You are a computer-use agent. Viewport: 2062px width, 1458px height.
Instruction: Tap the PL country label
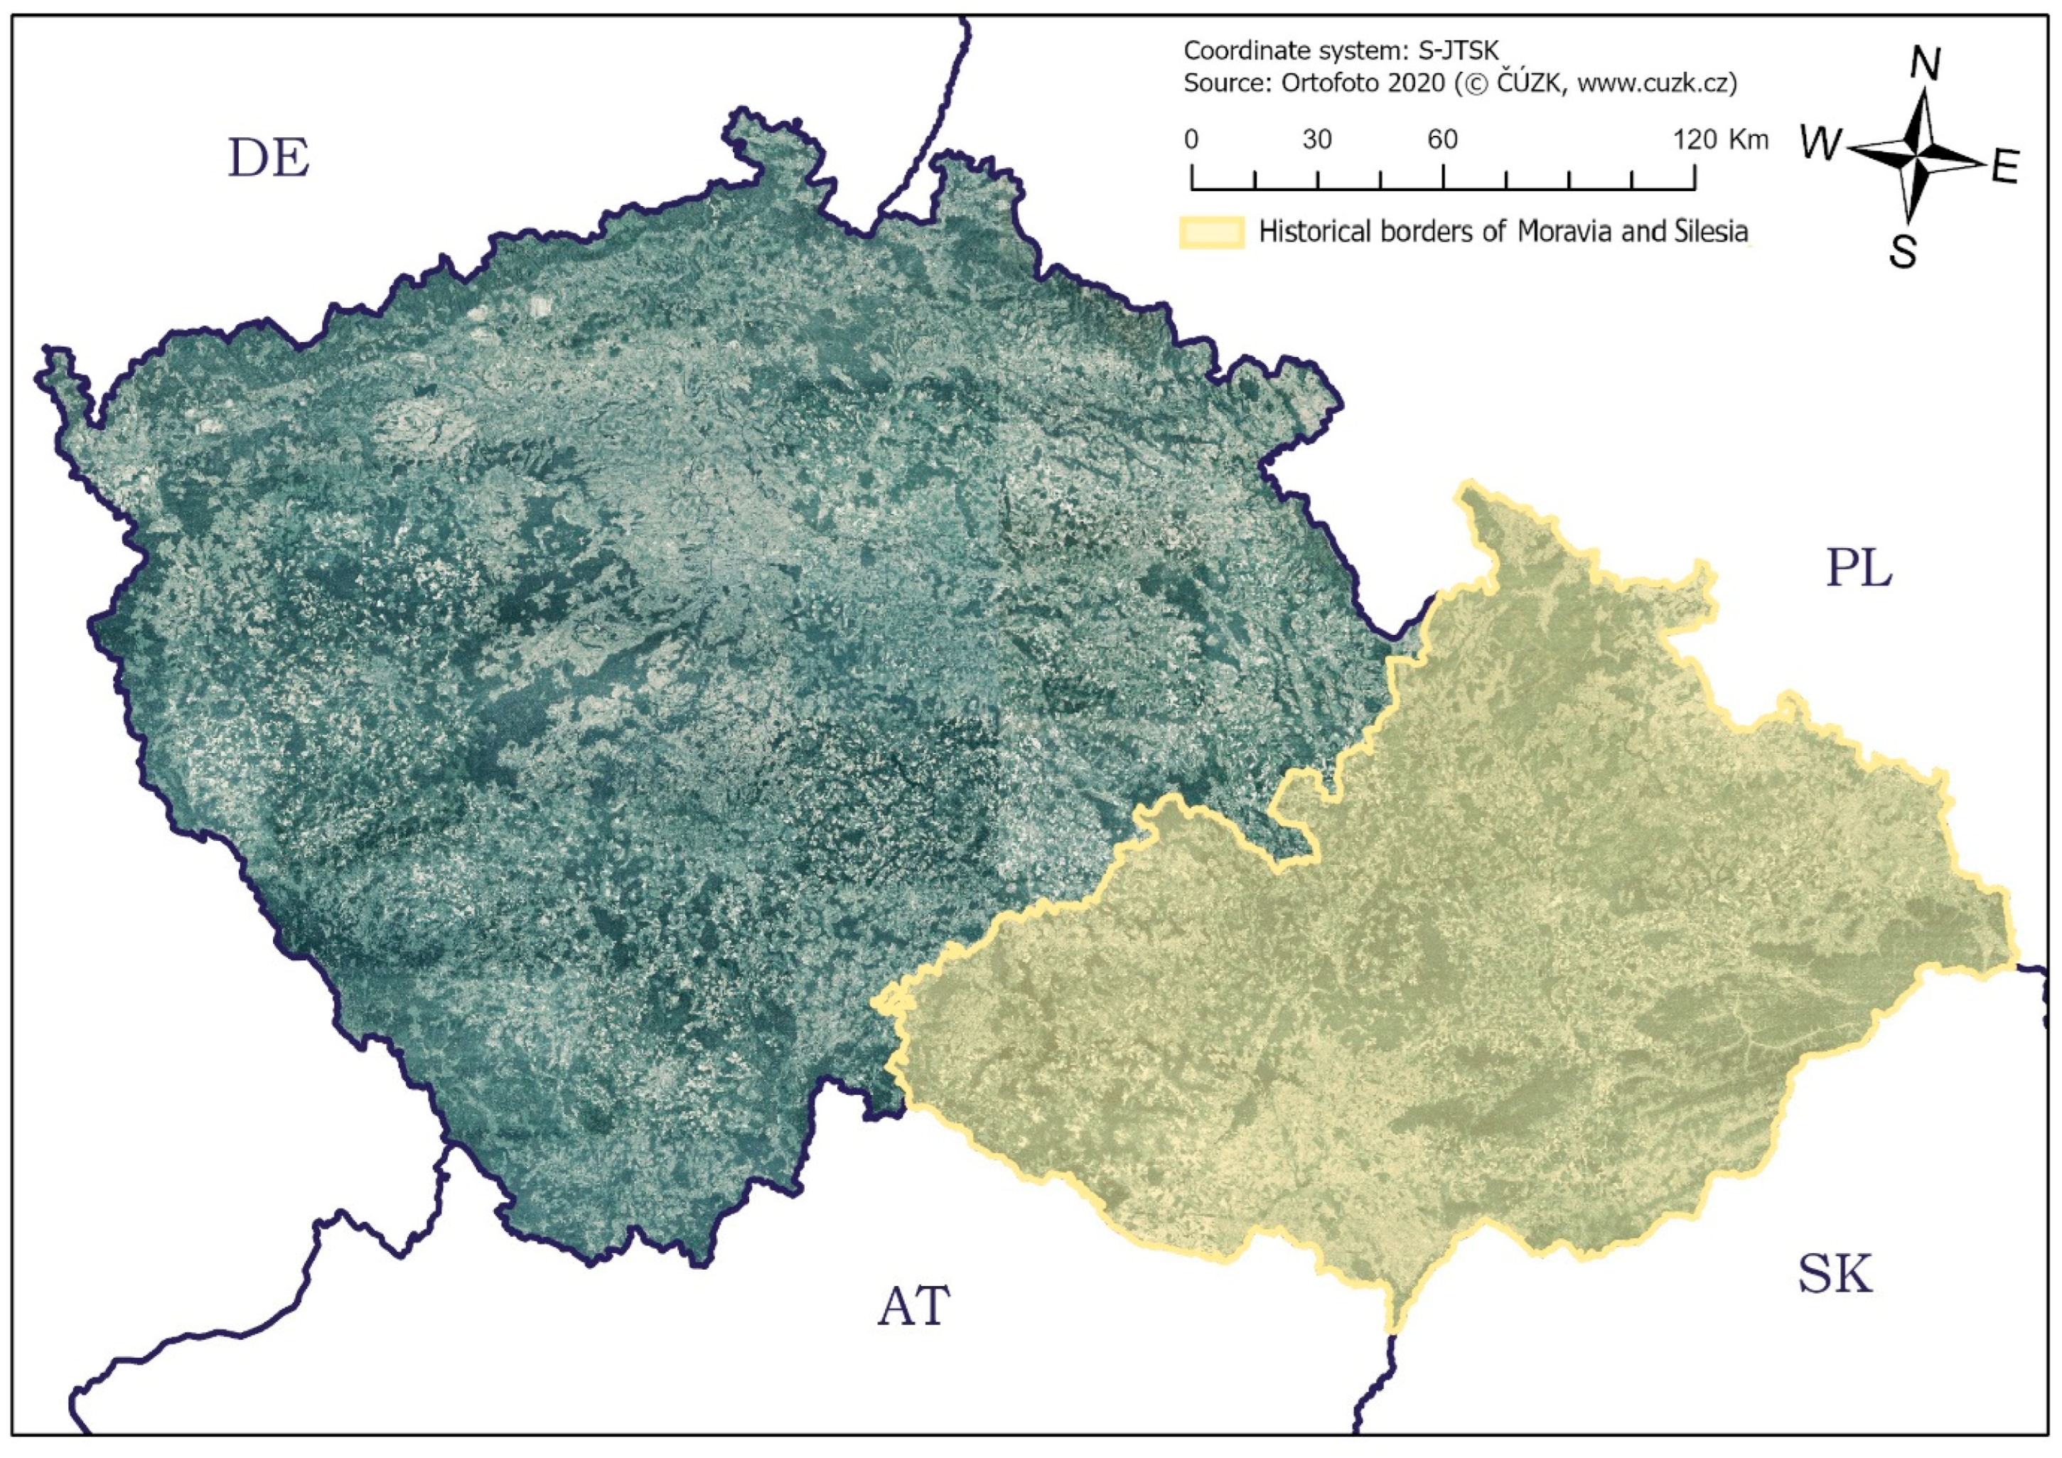(x=1858, y=569)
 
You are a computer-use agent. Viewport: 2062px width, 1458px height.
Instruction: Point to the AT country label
(x=913, y=1307)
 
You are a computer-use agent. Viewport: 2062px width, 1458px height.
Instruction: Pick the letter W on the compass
(x=1822, y=144)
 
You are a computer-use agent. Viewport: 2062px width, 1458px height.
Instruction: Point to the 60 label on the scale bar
(x=1442, y=140)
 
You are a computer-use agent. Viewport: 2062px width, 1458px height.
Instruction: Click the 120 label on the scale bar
(x=1695, y=140)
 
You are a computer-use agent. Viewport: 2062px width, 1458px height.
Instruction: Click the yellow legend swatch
(x=1211, y=232)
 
